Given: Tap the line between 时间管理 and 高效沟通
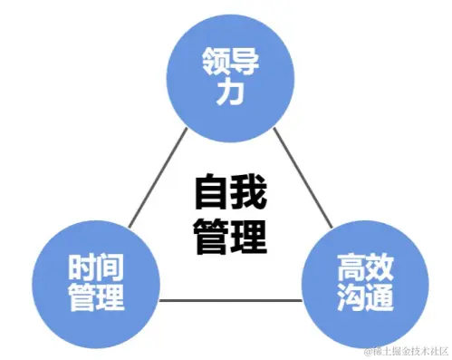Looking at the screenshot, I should [230, 300].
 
